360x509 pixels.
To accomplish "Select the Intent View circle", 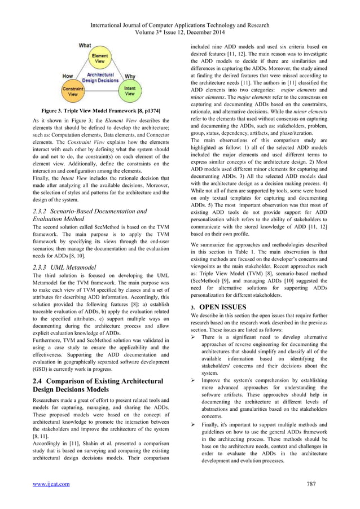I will [x=129, y=92].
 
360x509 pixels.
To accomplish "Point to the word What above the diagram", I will [x=85, y=45].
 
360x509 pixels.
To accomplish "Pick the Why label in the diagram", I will [x=130, y=76].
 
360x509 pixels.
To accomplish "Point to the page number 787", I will [x=310, y=484].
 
